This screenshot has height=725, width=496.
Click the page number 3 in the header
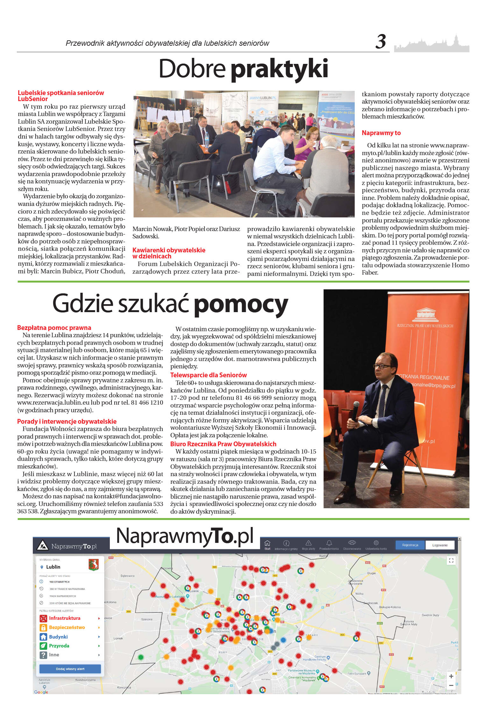coord(380,42)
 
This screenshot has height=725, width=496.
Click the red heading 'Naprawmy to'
coord(381,133)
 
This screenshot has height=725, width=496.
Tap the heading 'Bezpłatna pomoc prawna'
coord(54,328)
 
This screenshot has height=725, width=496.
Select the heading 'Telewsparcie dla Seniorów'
coord(209,375)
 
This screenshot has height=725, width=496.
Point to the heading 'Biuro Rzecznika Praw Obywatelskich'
coord(223,444)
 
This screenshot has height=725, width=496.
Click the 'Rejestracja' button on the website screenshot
coord(410,545)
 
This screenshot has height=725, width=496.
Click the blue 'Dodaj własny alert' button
coord(70,669)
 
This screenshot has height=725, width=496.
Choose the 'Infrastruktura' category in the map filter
coord(65,618)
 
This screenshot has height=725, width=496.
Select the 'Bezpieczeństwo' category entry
coord(67,627)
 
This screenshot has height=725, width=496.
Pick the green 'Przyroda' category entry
coord(59,646)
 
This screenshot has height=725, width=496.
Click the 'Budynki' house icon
coord(43,637)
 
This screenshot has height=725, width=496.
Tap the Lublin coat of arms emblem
coord(94,564)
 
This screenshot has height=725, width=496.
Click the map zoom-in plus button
coord(451,676)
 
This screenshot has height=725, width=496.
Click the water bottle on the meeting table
coord(207,140)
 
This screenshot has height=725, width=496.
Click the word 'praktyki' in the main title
coord(279,69)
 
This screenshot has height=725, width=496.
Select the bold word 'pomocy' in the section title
coord(241,304)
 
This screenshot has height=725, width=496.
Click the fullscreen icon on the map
coord(451,560)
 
